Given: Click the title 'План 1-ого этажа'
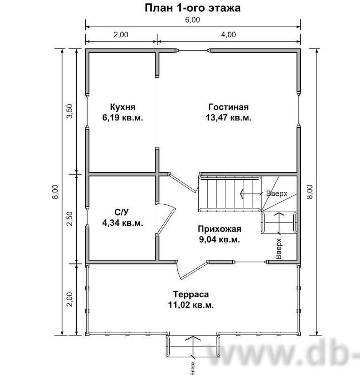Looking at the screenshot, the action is pyautogui.click(x=192, y=8).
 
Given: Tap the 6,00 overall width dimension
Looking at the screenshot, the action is pyautogui.click(x=192, y=20).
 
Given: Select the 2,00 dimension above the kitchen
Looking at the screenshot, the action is pyautogui.click(x=121, y=35).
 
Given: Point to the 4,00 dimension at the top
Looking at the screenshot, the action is pyautogui.click(x=228, y=35).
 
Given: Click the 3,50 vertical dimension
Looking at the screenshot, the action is pyautogui.click(x=70, y=111).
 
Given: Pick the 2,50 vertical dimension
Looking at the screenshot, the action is pyautogui.click(x=70, y=219).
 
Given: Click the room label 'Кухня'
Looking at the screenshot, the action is pyautogui.click(x=123, y=107).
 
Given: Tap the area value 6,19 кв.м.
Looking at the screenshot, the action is pyautogui.click(x=123, y=118).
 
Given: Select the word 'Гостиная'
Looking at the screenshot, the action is pyautogui.click(x=228, y=107).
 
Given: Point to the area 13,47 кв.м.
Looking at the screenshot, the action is pyautogui.click(x=228, y=118).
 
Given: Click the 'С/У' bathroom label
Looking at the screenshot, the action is pyautogui.click(x=122, y=212).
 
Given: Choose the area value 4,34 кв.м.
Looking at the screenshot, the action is pyautogui.click(x=123, y=223).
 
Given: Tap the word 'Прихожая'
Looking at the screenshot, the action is pyautogui.click(x=219, y=229).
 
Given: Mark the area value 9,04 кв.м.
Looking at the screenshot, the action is pyautogui.click(x=219, y=239).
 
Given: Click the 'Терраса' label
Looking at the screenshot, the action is pyautogui.click(x=191, y=294).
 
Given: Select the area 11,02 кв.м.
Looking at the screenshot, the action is pyautogui.click(x=191, y=305).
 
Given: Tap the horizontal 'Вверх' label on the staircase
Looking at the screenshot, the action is pyautogui.click(x=277, y=193).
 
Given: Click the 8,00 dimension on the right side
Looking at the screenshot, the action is pyautogui.click(x=310, y=191).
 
